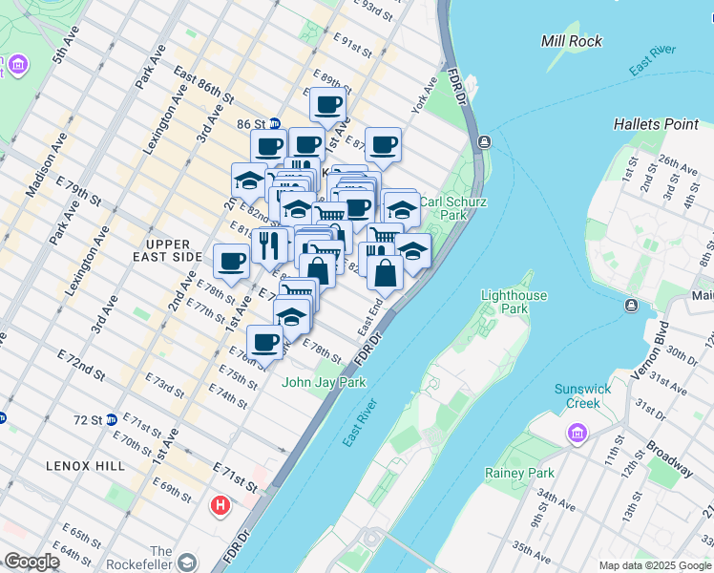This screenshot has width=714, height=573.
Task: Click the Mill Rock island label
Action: [571, 41]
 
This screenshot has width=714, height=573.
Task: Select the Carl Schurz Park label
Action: [445, 209]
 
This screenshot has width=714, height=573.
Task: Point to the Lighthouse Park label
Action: [514, 303]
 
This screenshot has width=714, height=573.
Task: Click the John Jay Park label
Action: [324, 382]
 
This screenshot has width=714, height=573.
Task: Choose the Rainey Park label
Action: [519, 473]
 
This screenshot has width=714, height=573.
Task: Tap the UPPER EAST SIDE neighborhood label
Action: [168, 250]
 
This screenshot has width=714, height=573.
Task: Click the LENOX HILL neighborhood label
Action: [85, 465]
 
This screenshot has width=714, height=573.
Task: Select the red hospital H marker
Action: [221, 504]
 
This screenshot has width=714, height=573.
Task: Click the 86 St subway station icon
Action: [275, 123]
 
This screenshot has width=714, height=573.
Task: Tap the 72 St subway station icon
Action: [111, 419]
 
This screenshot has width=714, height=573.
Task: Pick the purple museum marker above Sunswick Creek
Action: [577, 435]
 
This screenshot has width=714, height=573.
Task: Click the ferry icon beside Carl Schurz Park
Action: [485, 142]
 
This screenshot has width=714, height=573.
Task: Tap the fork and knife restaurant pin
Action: [270, 244]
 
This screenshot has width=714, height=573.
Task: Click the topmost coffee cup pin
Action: [327, 104]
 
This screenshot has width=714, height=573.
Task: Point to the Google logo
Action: [32, 562]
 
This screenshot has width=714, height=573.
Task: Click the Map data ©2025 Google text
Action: [655, 565]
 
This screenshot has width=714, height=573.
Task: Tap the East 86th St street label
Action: [203, 85]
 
